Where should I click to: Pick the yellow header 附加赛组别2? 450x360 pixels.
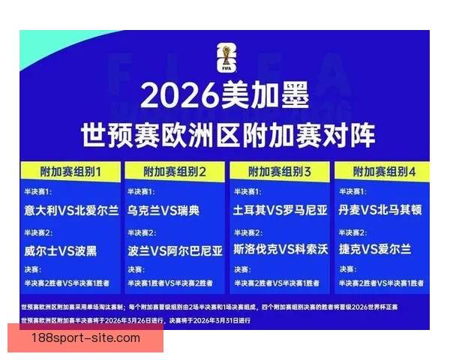(175, 172)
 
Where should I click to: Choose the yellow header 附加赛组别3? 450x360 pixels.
(280, 172)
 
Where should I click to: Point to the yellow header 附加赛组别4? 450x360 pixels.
(384, 172)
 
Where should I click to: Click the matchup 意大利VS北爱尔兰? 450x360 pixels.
(70, 211)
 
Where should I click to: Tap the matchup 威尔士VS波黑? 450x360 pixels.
(60, 250)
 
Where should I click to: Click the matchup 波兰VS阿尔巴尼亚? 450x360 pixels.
(175, 250)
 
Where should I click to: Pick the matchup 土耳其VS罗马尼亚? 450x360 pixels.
(280, 211)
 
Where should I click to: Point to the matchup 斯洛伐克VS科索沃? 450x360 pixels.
(280, 250)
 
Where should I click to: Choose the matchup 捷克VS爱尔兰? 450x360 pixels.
(374, 250)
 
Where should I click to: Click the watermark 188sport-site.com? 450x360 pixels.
(86, 338)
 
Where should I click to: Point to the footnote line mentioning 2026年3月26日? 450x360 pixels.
(135, 320)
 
